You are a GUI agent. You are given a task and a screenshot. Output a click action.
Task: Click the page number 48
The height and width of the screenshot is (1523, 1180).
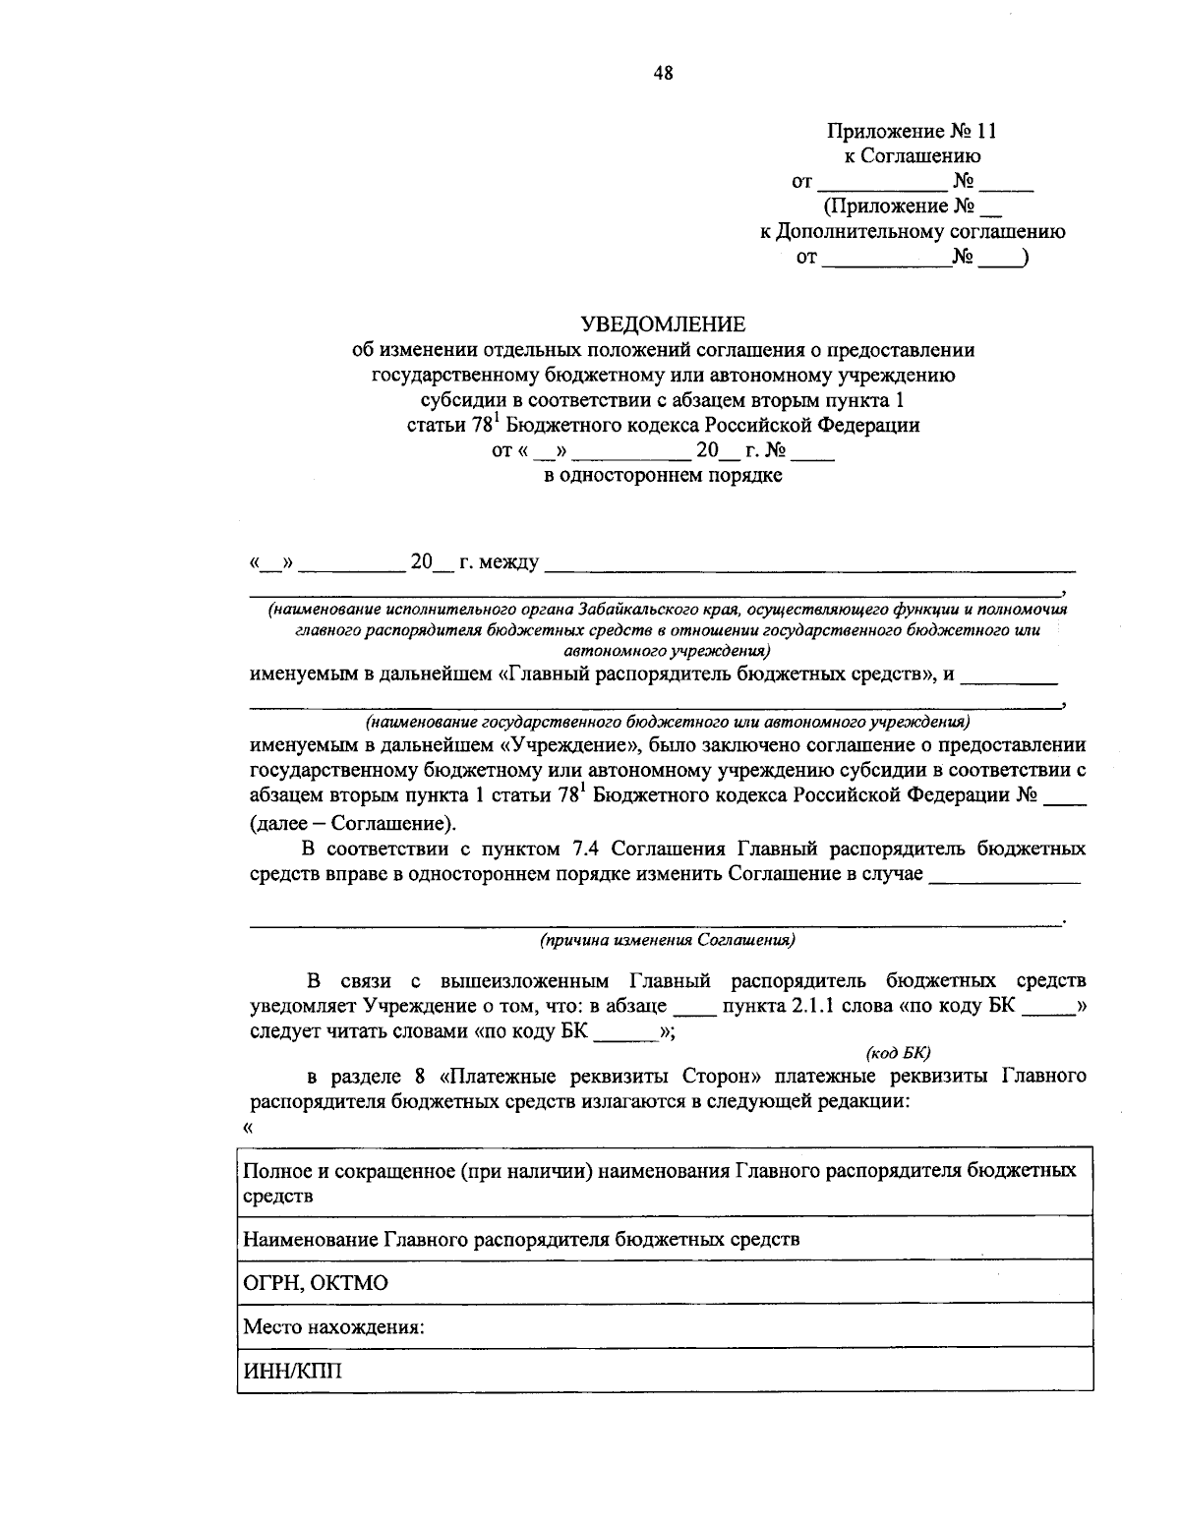(663, 71)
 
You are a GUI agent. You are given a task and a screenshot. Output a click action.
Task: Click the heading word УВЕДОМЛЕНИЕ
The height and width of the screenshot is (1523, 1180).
(663, 323)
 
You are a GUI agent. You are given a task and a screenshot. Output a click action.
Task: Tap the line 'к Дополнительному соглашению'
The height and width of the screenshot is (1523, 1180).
(912, 232)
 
